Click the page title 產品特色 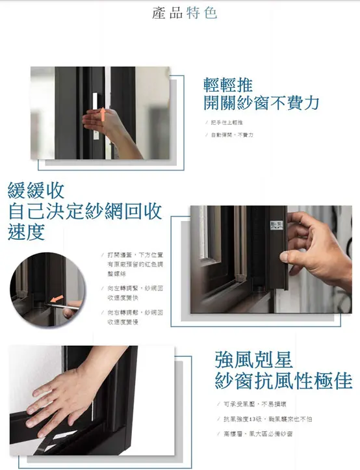point(185,13)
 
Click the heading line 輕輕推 point(227,85)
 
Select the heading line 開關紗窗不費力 point(261,103)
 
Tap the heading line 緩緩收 point(35,190)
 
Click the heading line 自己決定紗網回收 point(84,211)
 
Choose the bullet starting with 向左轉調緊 point(135,291)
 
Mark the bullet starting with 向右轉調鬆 point(135,316)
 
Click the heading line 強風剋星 point(253,359)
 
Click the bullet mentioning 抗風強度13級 point(267,419)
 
